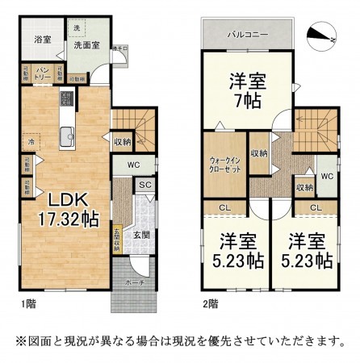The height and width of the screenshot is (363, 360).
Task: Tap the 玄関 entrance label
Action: [141, 235]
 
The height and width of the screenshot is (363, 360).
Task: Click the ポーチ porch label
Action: [135, 284]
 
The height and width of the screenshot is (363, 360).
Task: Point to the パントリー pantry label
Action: [44, 73]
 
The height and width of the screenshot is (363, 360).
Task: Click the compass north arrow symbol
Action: [321, 34]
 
